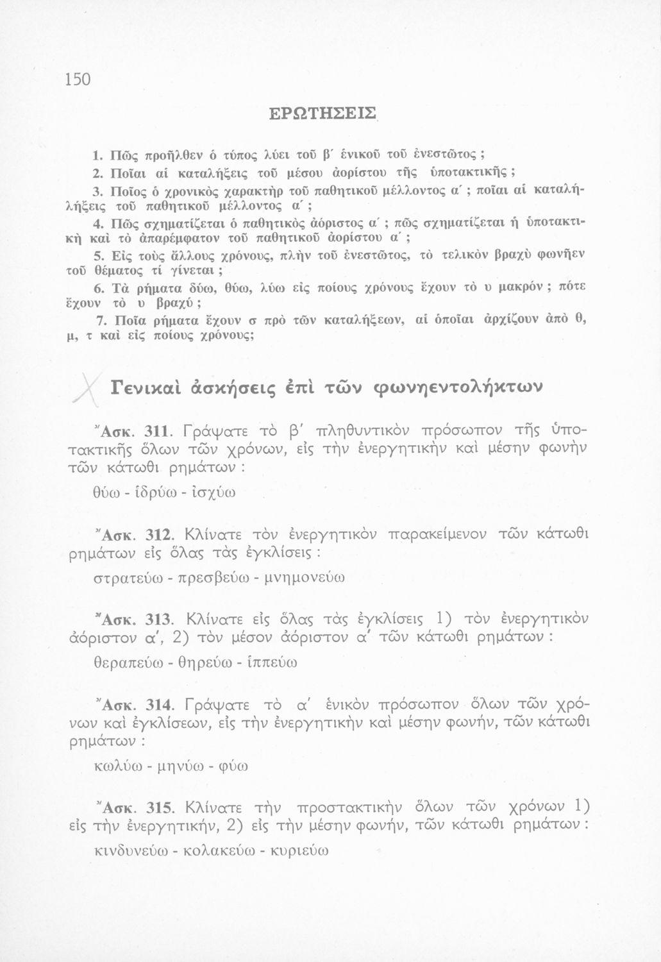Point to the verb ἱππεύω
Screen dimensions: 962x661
272,661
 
